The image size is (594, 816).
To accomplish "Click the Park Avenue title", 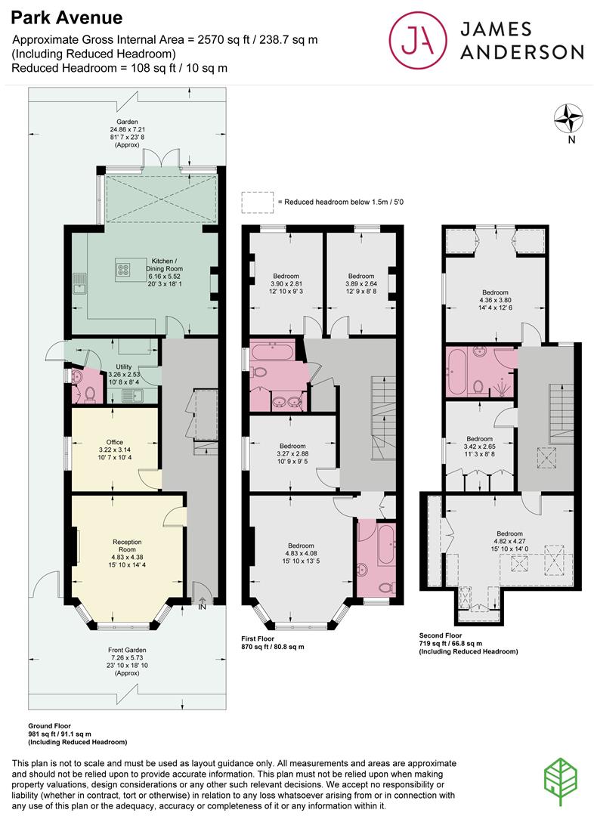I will (x=67, y=17).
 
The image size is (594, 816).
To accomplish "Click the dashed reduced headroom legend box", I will (x=257, y=202).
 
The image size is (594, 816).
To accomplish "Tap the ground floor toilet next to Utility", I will (x=89, y=393).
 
